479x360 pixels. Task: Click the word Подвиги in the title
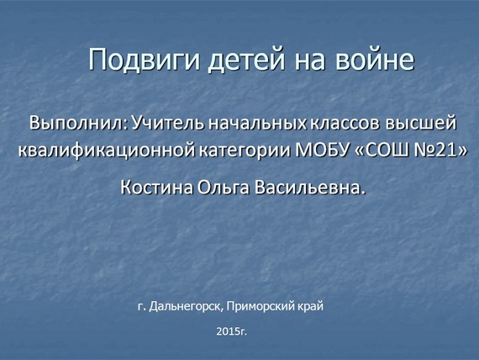click(144, 60)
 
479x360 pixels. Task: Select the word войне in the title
click(375, 59)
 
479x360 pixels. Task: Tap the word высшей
click(421, 124)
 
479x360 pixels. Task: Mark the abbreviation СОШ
click(386, 150)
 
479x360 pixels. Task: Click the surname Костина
click(156, 188)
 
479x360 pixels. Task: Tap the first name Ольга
click(223, 188)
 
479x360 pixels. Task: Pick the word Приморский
click(260, 306)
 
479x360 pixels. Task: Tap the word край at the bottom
click(310, 306)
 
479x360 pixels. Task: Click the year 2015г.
click(231, 331)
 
